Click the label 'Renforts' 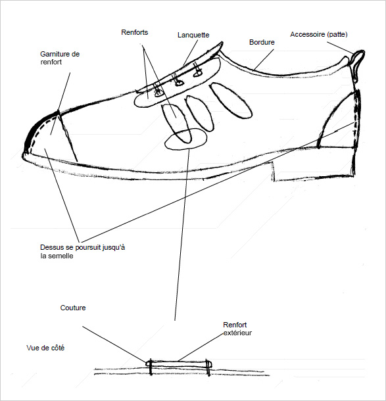(135, 32)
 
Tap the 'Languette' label (193, 35)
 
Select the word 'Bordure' (262, 42)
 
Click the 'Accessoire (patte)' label (319, 34)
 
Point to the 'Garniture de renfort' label (60, 58)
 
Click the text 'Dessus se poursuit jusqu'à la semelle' (83, 252)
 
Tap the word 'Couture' (73, 308)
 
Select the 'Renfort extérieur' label (237, 329)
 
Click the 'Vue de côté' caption (45, 348)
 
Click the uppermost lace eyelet (197, 74)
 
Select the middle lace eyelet (179, 83)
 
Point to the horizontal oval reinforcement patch (185, 139)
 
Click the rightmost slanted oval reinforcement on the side (231, 101)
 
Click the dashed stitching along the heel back (356, 120)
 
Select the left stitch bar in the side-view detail (151, 367)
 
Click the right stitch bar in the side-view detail (208, 367)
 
